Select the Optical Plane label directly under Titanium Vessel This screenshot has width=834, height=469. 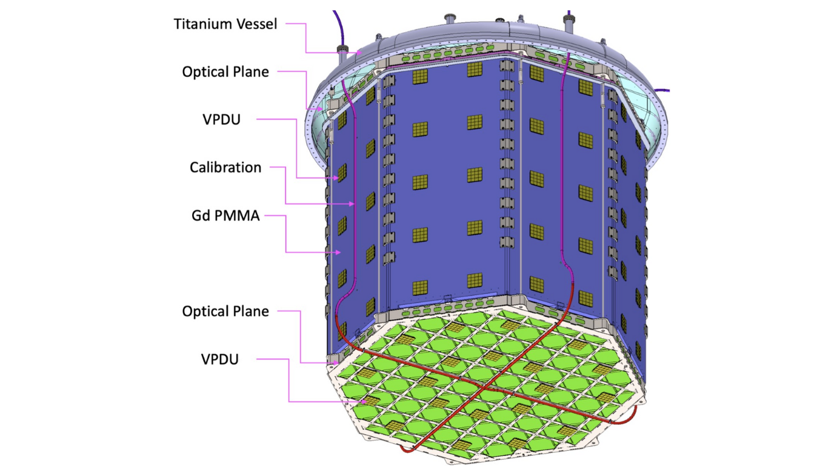click(225, 72)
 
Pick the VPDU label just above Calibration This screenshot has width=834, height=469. click(221, 119)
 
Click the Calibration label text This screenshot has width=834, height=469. click(225, 167)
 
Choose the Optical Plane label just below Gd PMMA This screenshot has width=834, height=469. click(225, 311)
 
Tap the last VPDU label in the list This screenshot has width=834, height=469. click(220, 359)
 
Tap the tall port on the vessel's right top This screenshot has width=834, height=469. click(569, 25)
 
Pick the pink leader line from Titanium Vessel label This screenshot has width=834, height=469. click(305, 36)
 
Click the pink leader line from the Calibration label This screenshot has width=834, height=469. click(285, 185)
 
